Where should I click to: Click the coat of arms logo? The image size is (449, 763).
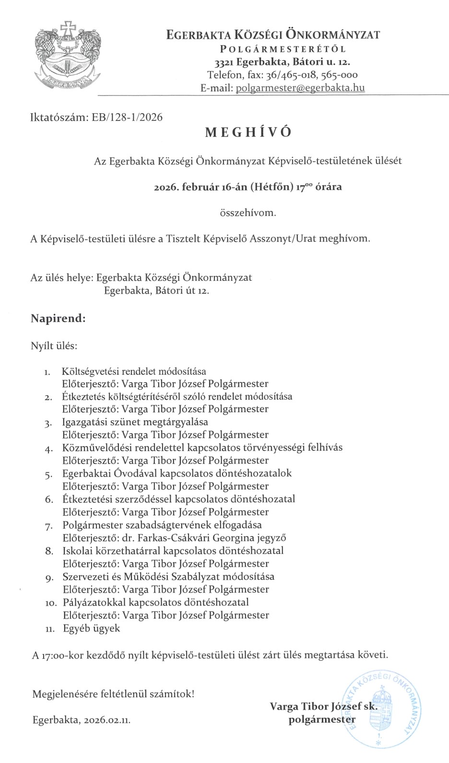tap(67, 54)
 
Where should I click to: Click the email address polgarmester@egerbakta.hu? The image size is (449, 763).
tap(300, 88)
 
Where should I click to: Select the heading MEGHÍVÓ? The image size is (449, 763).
tap(248, 132)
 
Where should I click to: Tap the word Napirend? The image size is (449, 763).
tap(58, 318)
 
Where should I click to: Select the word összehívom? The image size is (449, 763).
tap(248, 213)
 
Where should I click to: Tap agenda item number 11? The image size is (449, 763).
tap(50, 629)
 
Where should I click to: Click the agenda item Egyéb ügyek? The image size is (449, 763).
tap(92, 628)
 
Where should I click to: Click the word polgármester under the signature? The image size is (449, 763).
tap(322, 719)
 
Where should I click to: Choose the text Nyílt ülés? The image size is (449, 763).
tap(54, 346)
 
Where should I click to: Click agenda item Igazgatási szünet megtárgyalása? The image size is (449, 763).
tap(135, 422)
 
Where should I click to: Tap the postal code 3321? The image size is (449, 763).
tap(224, 62)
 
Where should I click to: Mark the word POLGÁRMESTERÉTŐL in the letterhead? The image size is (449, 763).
tap(283, 49)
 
